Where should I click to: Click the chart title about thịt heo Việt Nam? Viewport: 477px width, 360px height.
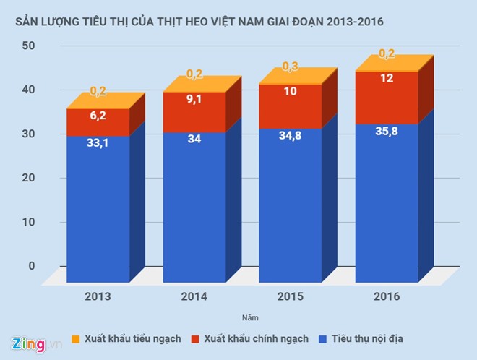click(194, 22)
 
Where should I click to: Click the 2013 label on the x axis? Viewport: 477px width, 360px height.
click(98, 296)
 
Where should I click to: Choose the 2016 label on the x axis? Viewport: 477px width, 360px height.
click(387, 296)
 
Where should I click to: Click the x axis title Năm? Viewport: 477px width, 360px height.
click(248, 317)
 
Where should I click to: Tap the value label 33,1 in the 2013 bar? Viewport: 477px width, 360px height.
click(98, 144)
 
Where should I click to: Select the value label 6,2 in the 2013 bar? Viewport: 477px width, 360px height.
click(98, 115)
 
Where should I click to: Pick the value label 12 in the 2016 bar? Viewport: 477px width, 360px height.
click(387, 78)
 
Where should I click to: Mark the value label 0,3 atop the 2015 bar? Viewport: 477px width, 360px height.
click(291, 67)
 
